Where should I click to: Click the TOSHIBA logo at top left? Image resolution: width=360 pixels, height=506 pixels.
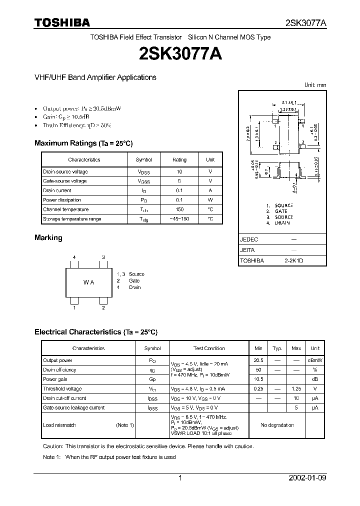click(62, 22)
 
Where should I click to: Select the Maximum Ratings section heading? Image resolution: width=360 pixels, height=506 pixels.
click(83, 143)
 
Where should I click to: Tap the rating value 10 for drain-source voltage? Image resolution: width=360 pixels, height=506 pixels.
click(179, 171)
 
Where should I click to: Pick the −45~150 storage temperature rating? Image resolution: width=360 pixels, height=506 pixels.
click(179, 219)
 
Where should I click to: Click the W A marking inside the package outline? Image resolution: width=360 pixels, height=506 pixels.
click(88, 282)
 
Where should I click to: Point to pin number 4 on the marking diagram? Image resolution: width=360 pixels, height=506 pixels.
click(74, 257)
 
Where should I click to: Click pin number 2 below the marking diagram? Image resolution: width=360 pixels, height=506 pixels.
click(103, 308)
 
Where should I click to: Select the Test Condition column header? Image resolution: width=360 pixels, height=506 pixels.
click(209, 348)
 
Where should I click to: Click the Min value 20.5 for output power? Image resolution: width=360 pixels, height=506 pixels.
click(258, 360)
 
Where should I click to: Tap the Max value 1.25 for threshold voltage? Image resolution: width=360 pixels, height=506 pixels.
click(296, 389)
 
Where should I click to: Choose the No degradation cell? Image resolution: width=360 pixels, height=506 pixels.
click(277, 425)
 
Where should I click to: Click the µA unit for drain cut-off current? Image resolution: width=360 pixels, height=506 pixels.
click(315, 398)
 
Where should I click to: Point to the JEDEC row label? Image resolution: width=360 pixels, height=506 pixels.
click(249, 239)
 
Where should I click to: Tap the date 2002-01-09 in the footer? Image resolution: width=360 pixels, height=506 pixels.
click(307, 478)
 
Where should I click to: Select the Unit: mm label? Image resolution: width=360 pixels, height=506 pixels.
click(315, 85)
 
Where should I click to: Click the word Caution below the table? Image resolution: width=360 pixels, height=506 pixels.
click(53, 446)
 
